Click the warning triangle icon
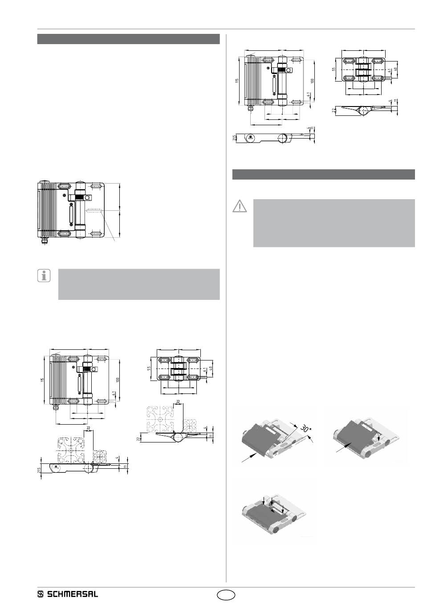coord(240,206)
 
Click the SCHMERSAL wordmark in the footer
coord(73,594)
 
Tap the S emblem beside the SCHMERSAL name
coord(41,594)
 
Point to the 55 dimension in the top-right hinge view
coord(334,70)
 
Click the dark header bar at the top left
coord(128,39)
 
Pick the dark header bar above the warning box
coord(324,174)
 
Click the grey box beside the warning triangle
coord(334,223)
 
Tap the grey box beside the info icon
coord(139,284)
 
